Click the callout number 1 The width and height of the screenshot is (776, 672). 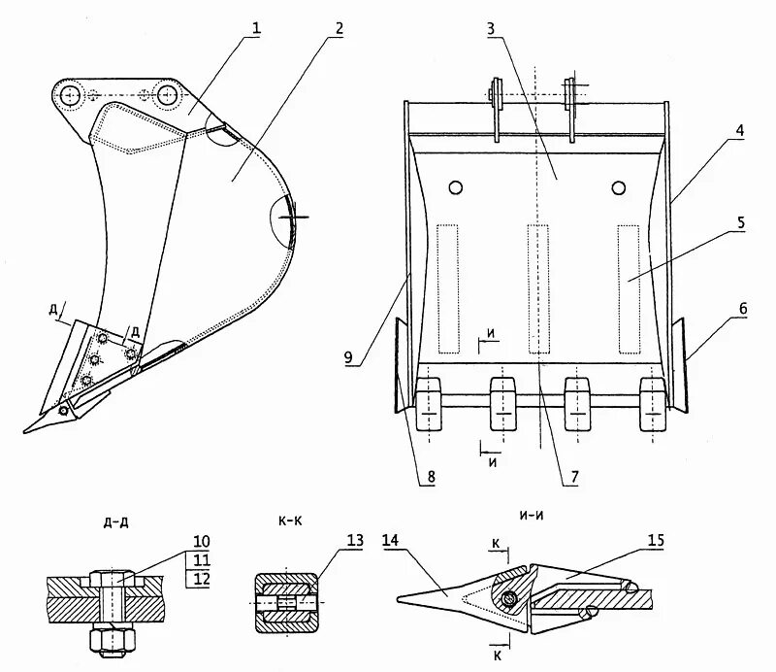(256, 29)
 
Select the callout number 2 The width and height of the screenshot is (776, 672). (337, 28)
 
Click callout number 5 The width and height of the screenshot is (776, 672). (740, 222)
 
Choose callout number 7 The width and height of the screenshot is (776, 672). (573, 477)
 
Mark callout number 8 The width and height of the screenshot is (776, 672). (429, 477)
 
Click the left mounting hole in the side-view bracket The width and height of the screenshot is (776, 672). (69, 96)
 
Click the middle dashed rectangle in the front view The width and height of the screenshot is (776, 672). (536, 288)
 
